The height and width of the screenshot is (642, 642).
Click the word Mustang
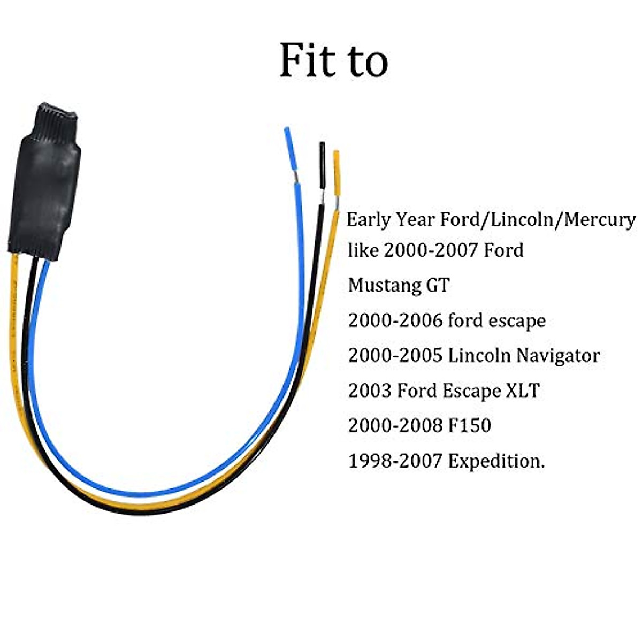(x=384, y=285)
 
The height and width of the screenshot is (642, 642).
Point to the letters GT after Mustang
(x=438, y=285)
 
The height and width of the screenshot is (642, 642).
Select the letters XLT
(x=522, y=391)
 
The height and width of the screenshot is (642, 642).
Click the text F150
(x=469, y=425)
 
